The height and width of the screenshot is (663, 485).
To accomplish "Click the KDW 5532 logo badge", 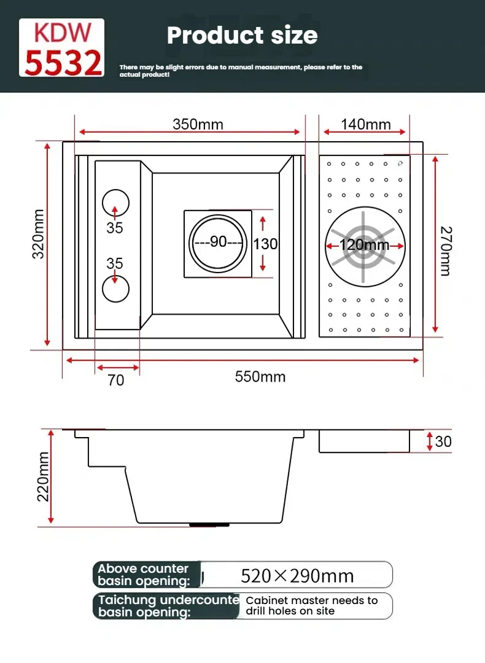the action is (x=61, y=48).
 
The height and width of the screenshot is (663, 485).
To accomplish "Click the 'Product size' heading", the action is (x=242, y=35).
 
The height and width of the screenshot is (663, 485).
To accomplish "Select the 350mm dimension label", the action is (x=198, y=124).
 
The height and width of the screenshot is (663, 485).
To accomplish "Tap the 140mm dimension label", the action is (x=365, y=124).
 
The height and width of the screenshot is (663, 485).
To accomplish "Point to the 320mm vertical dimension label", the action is (x=39, y=234).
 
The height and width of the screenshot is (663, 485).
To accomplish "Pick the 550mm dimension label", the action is (x=260, y=376).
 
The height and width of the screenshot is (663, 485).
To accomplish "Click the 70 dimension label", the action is (x=115, y=380).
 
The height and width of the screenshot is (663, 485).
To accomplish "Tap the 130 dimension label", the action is (x=265, y=244).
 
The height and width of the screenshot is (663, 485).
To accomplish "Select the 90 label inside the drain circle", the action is (x=218, y=242).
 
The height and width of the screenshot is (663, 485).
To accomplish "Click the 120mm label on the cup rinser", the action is (x=365, y=245).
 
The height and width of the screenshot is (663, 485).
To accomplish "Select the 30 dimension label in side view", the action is (x=443, y=441).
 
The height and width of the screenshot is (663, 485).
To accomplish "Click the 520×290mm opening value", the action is (x=297, y=576).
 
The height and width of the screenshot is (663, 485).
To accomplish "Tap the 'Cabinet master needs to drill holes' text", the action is (x=311, y=606).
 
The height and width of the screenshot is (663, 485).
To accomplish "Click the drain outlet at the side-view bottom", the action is (x=209, y=525).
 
